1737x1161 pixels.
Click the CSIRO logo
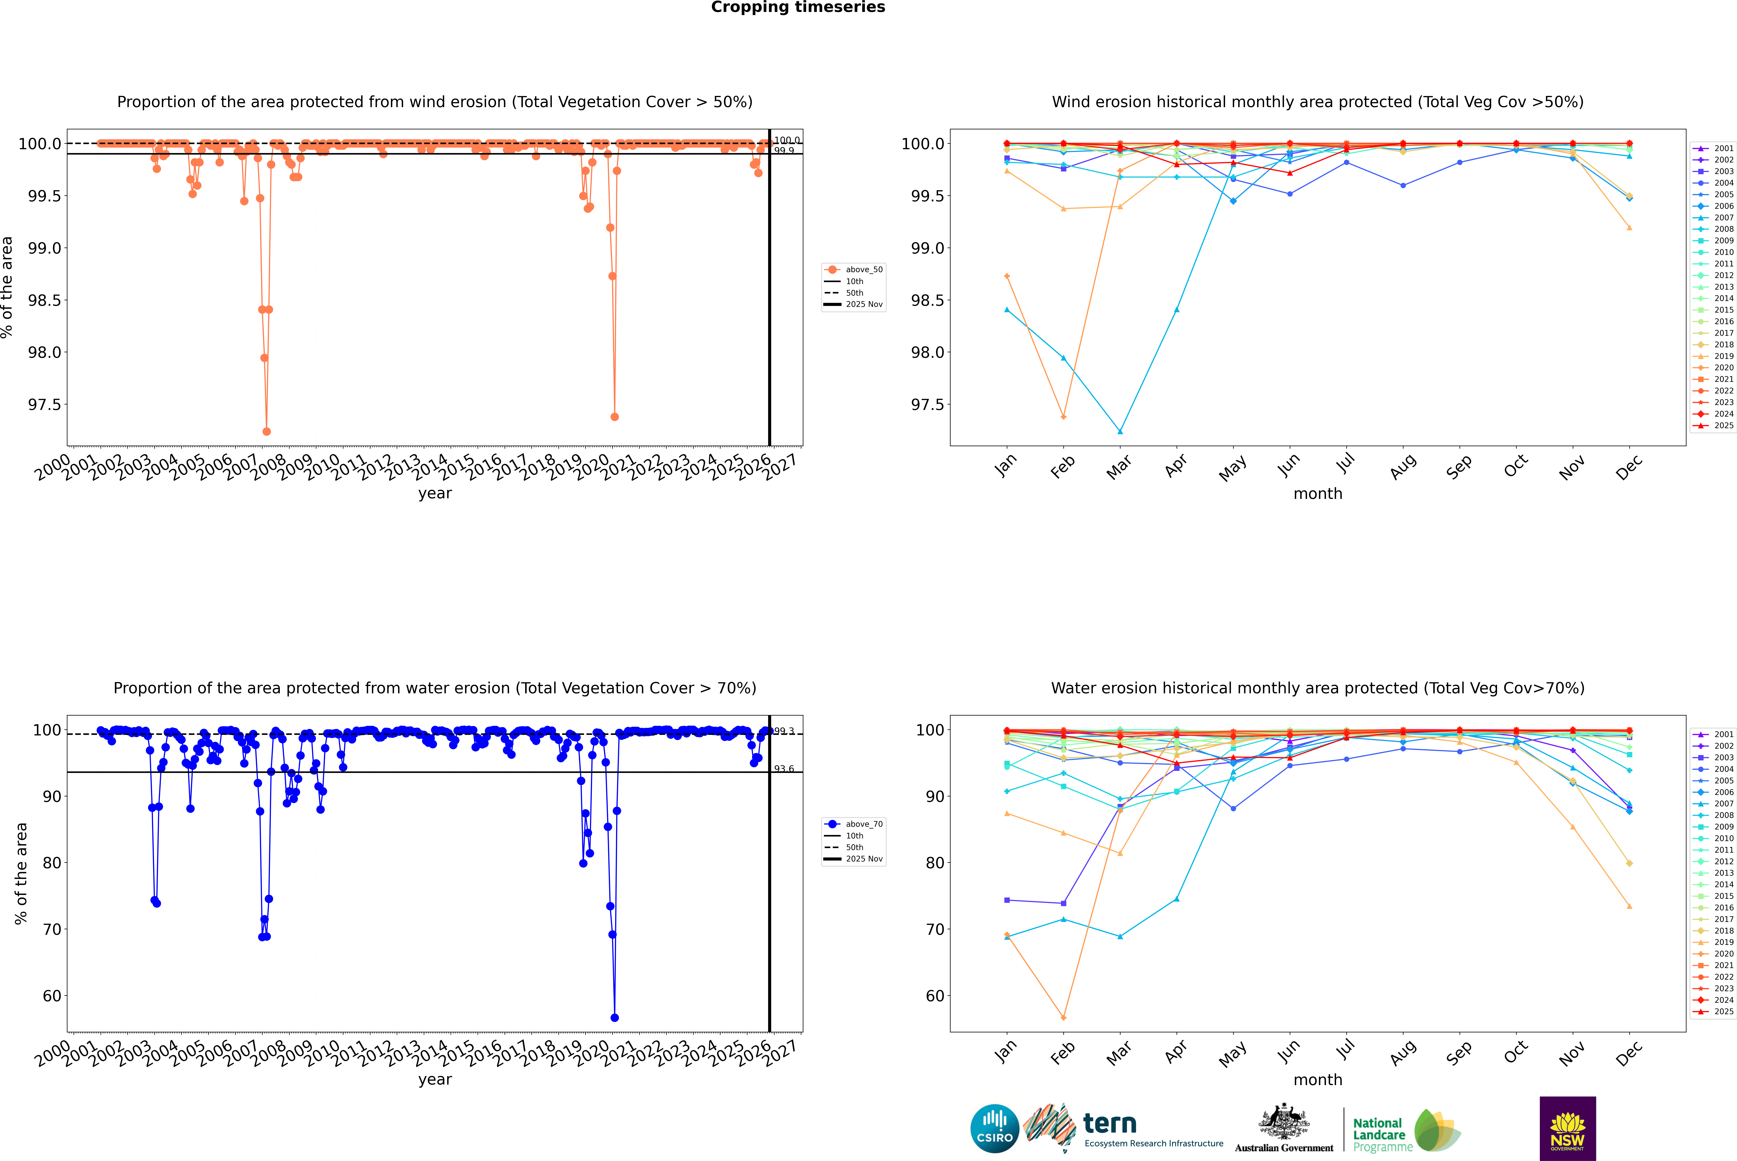point(994,1128)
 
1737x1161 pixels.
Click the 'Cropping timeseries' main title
point(797,7)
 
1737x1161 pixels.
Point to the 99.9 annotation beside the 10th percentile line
point(784,151)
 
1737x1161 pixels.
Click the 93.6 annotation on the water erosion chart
point(784,768)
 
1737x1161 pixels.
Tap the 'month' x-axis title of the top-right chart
point(1317,494)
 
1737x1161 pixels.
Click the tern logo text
point(1109,1124)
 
